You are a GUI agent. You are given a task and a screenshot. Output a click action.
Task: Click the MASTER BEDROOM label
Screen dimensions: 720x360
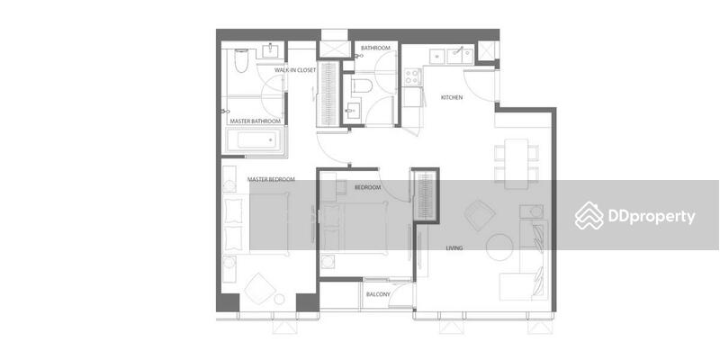(x=271, y=179)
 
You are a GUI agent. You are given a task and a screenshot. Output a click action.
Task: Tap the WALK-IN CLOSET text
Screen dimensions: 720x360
(x=295, y=70)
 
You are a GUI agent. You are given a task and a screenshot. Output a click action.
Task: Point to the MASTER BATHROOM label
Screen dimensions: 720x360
(x=256, y=121)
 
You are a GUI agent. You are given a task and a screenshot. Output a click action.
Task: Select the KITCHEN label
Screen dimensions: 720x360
(x=452, y=97)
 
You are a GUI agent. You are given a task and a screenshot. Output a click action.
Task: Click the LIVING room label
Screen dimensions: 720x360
(x=454, y=248)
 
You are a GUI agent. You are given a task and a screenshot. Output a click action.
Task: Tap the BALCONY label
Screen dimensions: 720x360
(x=378, y=295)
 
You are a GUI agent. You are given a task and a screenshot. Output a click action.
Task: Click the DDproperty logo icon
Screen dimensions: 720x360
(x=589, y=215)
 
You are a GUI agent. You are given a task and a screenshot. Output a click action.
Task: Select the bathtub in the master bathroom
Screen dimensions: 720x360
(x=254, y=139)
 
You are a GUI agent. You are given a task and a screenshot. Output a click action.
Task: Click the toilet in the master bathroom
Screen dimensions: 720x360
(x=241, y=60)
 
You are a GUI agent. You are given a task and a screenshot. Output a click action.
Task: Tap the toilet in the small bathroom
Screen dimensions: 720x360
(x=362, y=85)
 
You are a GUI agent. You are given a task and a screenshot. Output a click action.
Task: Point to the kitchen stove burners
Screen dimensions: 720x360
(x=412, y=76)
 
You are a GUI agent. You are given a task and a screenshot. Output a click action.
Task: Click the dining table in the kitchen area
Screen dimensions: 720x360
(x=516, y=164)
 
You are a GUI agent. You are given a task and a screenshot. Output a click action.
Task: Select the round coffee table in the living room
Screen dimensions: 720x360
(x=500, y=247)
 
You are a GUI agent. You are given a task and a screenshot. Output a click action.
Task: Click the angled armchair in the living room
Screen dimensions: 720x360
(x=480, y=215)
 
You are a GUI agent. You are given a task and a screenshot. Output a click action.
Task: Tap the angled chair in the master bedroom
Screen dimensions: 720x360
(x=260, y=289)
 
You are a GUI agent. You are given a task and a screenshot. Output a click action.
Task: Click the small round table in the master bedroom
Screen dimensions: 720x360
(x=279, y=300)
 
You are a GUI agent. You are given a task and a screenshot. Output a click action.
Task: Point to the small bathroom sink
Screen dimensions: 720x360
(x=353, y=111)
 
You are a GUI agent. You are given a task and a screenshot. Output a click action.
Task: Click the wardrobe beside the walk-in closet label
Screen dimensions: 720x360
(x=328, y=94)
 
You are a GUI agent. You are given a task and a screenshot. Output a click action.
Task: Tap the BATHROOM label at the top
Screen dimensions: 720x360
(x=375, y=48)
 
